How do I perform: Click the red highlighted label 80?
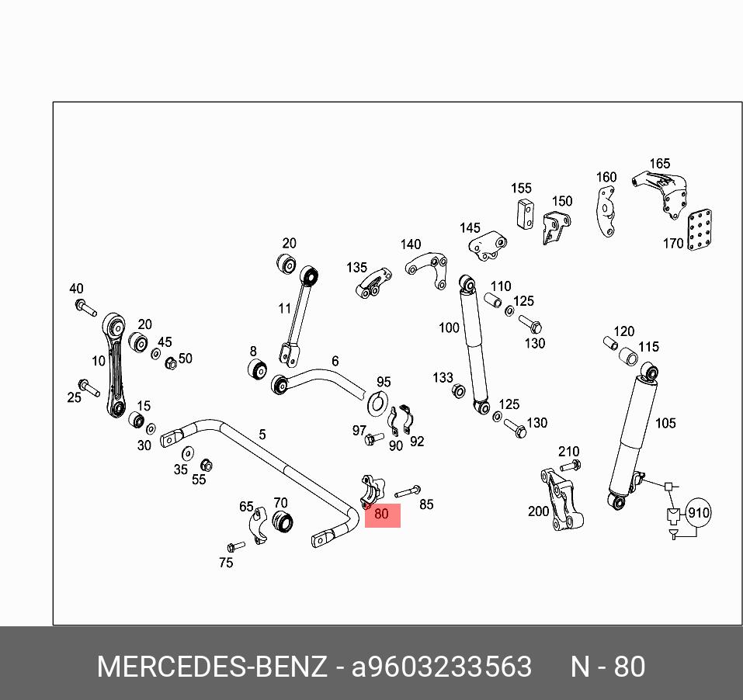point(382,515)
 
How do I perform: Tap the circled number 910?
point(699,513)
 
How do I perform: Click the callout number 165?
point(659,164)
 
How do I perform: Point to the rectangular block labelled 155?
point(526,213)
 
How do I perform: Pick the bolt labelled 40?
point(85,307)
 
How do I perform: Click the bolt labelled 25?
point(89,387)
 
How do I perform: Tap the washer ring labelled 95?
point(379,403)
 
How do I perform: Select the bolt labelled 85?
point(408,491)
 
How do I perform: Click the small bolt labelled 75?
point(236,546)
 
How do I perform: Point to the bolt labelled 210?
point(569,466)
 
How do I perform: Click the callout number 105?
point(665,423)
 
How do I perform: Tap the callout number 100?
point(449,327)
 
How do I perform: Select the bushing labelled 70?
point(282,522)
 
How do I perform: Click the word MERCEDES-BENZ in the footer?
point(211,667)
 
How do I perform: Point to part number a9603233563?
point(442,667)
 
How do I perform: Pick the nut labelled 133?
point(458,390)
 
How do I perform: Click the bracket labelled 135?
point(374,284)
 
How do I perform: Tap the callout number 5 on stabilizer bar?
point(262,435)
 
